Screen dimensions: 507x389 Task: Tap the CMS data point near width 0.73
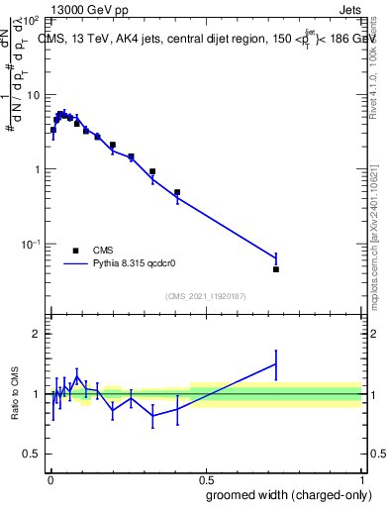click(x=276, y=269)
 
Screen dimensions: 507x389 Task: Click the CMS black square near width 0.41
click(x=177, y=192)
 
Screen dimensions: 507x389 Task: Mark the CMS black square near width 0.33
click(x=152, y=171)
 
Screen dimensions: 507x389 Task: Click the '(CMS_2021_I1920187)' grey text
click(x=205, y=296)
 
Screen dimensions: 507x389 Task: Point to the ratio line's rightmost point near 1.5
click(x=276, y=363)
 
